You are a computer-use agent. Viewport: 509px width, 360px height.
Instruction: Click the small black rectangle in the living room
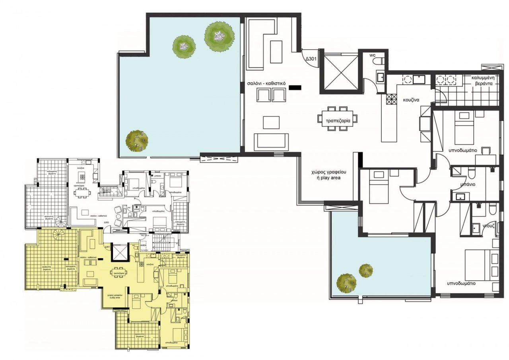[295, 87]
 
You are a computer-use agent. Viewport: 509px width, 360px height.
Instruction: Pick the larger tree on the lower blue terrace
[346, 283]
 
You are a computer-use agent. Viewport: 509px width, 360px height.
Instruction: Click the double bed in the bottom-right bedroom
[478, 265]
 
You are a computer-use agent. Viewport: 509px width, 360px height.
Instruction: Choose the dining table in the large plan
[337, 118]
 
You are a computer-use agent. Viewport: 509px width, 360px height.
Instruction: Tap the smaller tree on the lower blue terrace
[366, 270]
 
